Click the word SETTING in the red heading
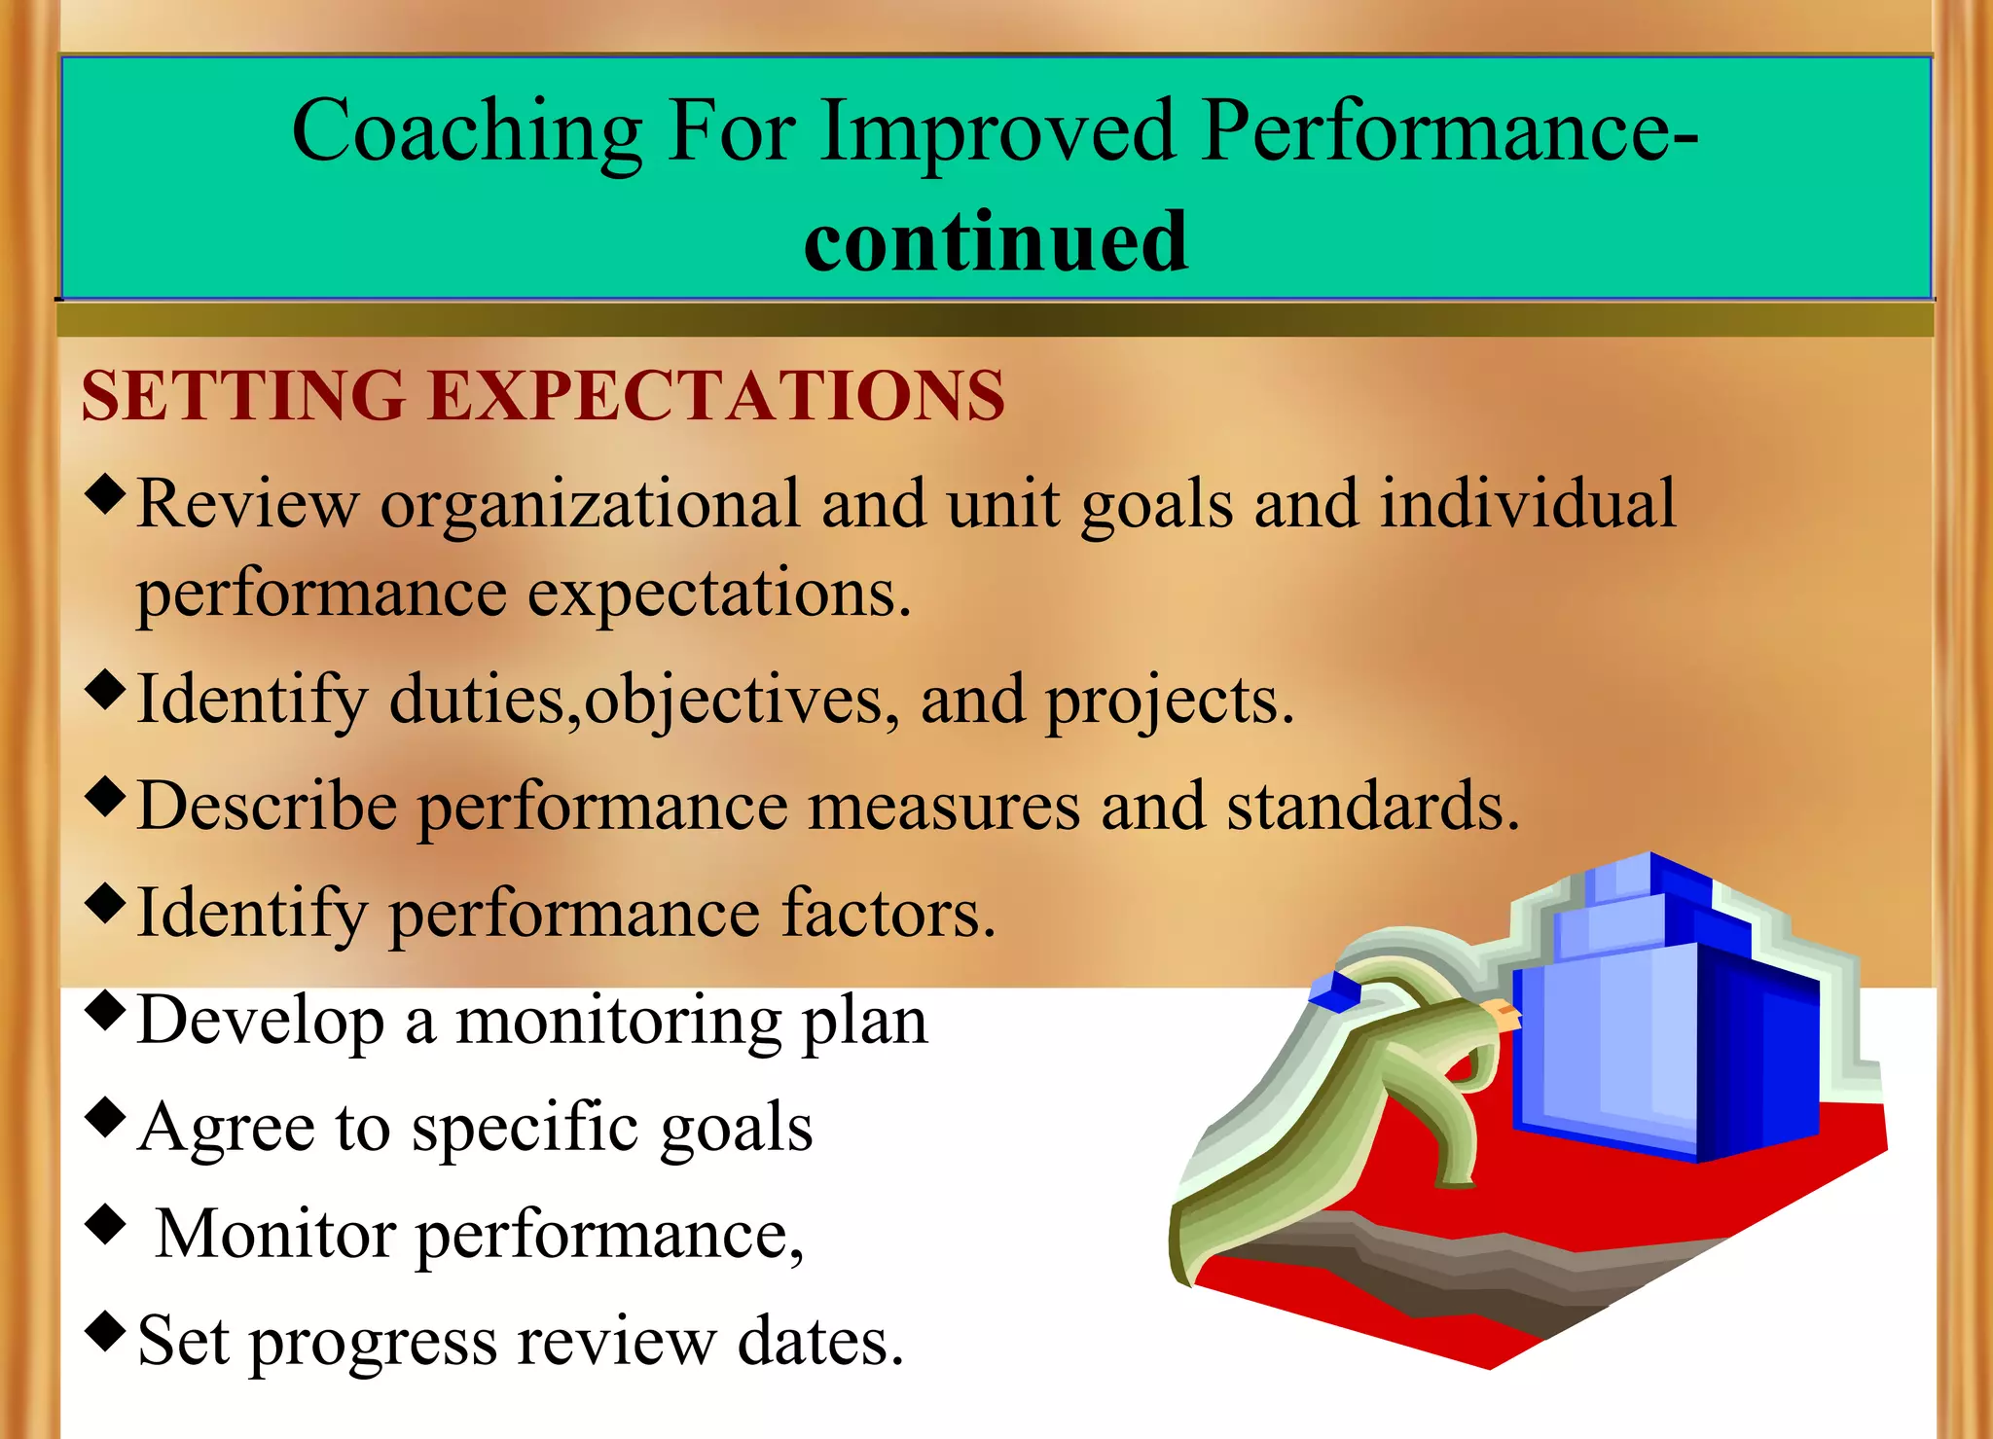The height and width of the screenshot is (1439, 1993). click(x=243, y=396)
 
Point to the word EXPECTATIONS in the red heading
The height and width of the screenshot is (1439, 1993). click(x=716, y=396)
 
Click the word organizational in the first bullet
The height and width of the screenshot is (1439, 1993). click(x=590, y=505)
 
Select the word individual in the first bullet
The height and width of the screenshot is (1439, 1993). click(x=1528, y=503)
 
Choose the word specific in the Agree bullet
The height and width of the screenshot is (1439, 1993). click(x=525, y=1129)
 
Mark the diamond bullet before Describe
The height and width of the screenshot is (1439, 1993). click(x=105, y=796)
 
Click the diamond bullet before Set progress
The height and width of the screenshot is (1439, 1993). click(x=105, y=1330)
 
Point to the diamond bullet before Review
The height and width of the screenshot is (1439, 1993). click(x=105, y=494)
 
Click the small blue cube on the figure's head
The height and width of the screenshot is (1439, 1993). click(x=1334, y=991)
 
